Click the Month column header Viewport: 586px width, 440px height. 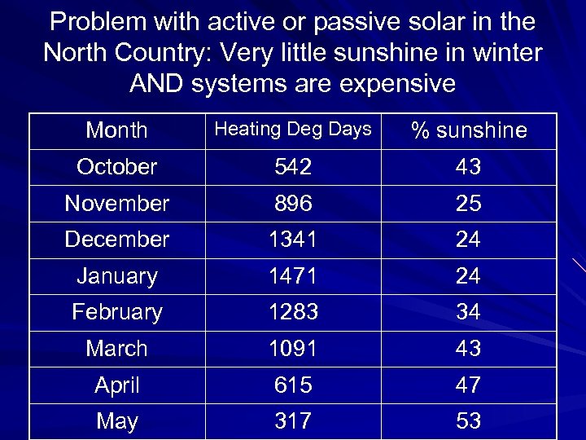(116, 130)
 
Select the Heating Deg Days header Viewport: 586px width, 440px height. (292, 129)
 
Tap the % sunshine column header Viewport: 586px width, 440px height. (468, 130)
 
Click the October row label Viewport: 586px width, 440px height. (116, 167)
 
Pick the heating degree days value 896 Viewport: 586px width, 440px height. (292, 203)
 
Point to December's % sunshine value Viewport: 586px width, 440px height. (468, 240)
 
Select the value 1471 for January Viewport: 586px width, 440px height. (292, 276)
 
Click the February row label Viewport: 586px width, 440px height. (116, 312)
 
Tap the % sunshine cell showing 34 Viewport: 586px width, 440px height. (468, 312)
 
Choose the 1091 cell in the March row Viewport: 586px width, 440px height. (292, 349)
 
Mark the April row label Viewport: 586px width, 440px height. (116, 385)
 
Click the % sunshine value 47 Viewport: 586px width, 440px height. (468, 385)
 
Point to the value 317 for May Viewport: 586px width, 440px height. (292, 421)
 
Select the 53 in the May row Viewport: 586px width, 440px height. (468, 421)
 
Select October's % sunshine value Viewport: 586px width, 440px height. (468, 167)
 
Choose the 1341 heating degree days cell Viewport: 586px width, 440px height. (292, 240)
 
